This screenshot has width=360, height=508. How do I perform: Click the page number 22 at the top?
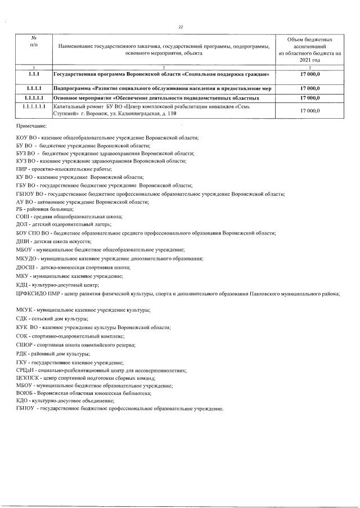[x=181, y=26]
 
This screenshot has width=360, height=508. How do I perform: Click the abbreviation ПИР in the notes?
[x=22, y=169]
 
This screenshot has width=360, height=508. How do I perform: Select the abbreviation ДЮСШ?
[x=26, y=268]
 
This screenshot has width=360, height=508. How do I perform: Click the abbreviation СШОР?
[x=25, y=344]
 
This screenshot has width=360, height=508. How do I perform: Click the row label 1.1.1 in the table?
[x=33, y=74]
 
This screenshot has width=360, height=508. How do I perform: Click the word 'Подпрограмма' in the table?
[x=73, y=88]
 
